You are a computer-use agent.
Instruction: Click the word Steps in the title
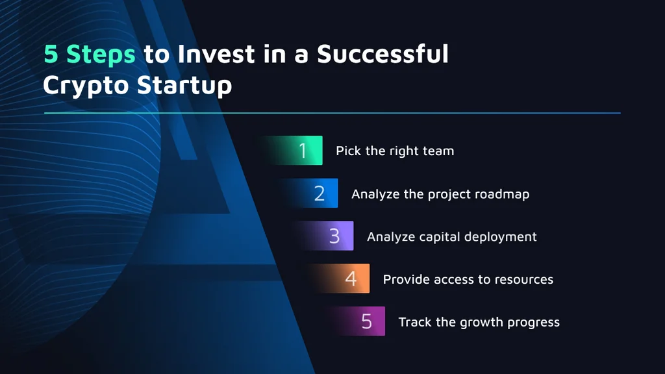coord(101,55)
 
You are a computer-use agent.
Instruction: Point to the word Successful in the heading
coord(383,53)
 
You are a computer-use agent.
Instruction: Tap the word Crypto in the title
coord(86,86)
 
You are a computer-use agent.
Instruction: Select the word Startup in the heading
coord(184,86)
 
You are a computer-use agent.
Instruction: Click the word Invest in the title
coord(216,54)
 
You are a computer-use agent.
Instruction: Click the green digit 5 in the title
coord(51,55)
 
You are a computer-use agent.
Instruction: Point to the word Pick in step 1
coord(348,151)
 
